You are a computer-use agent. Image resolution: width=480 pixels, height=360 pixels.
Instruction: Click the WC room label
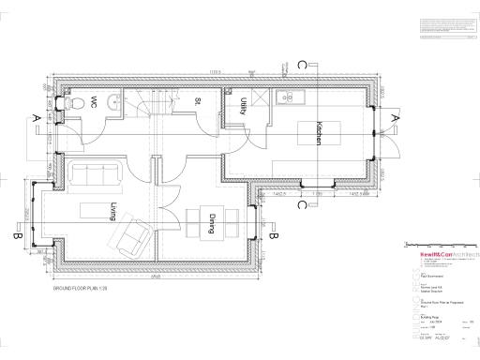coord(96,101)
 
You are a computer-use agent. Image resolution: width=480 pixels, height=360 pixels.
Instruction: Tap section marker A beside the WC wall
coord(35,117)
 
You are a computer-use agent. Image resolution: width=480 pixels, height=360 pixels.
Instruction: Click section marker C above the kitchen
coord(300,64)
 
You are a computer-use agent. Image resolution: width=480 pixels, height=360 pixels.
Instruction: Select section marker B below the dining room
coord(272,235)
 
